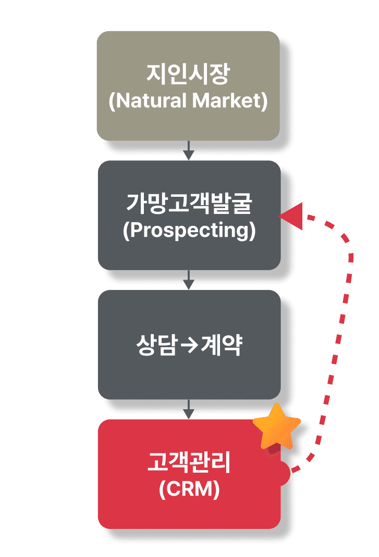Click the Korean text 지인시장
188,75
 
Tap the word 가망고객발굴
189,205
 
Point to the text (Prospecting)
189,231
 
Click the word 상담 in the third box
152,346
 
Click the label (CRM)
189,490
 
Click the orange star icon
277,427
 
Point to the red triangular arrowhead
292,215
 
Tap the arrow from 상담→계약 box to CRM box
189,411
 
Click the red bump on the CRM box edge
285,473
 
